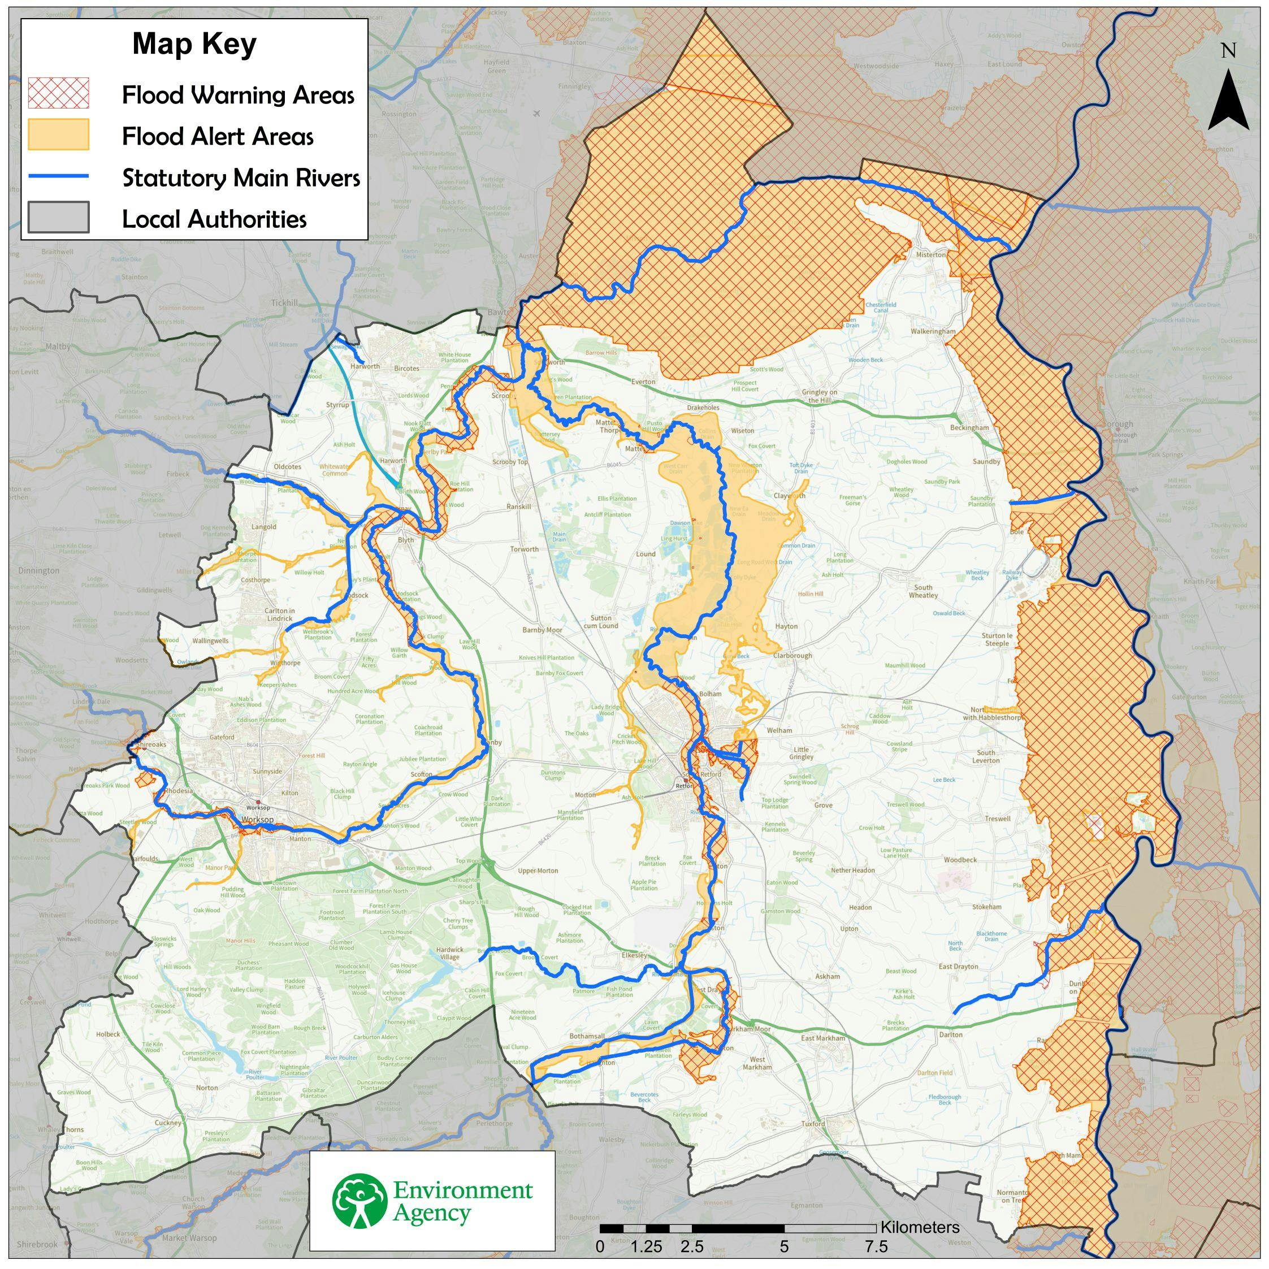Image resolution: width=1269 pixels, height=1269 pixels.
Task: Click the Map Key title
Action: pyautogui.click(x=194, y=45)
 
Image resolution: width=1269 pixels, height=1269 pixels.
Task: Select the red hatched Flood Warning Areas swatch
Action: pyautogui.click(x=58, y=93)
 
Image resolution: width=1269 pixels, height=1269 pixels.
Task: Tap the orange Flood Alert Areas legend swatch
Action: pyautogui.click(x=58, y=135)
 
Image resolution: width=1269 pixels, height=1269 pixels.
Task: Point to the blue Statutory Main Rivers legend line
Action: pyautogui.click(x=58, y=176)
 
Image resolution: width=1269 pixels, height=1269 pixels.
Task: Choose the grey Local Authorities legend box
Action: pyautogui.click(x=58, y=218)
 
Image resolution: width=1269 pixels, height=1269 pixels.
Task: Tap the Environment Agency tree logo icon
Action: pyautogui.click(x=358, y=1201)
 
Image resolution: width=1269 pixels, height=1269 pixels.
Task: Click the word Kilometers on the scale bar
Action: pyautogui.click(x=920, y=1227)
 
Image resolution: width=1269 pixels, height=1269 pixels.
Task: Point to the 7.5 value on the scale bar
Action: pyautogui.click(x=876, y=1246)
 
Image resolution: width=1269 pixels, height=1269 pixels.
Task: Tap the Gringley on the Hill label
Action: pyautogui.click(x=820, y=396)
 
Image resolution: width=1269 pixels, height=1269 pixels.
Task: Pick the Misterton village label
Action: pyautogui.click(x=932, y=254)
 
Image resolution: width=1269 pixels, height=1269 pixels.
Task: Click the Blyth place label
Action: pyautogui.click(x=406, y=540)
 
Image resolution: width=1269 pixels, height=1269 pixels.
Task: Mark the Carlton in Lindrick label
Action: pyautogui.click(x=279, y=614)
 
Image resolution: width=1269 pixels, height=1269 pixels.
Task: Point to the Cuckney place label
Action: pyautogui.click(x=167, y=1123)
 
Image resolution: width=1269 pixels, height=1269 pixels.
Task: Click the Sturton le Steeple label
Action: pyautogui.click(x=997, y=639)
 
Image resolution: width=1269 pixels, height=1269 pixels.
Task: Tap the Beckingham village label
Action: pyautogui.click(x=969, y=427)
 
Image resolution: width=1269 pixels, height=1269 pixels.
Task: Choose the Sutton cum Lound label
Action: pyautogui.click(x=601, y=621)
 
